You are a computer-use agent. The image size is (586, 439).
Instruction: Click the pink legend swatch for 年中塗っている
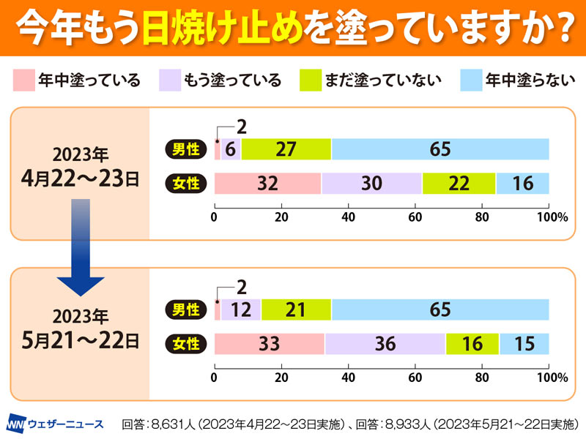24,80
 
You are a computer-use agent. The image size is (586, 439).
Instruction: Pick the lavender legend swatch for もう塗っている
169,80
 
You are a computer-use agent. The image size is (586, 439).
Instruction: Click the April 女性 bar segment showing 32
267,184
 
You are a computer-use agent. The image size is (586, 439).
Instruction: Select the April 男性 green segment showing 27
286,149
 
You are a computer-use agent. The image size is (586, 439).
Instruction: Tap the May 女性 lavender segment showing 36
385,344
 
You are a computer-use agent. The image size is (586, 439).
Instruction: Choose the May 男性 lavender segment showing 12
240,310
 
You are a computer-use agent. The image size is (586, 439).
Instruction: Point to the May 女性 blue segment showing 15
524,344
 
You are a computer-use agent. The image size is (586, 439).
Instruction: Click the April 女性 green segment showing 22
459,184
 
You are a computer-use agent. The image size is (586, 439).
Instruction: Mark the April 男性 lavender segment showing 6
231,149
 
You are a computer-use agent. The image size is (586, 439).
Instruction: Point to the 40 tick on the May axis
348,378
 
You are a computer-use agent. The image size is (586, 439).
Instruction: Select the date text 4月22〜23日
81,179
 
